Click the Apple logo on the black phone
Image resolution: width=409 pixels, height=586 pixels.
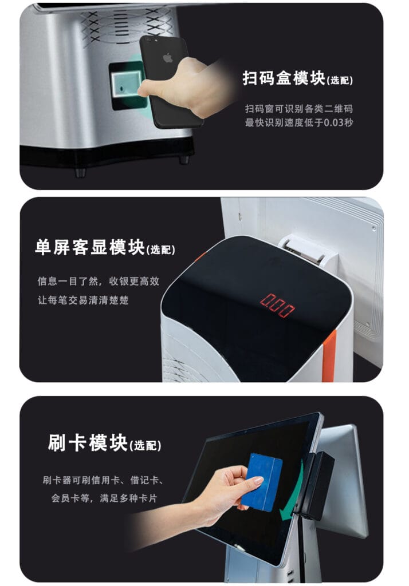[168, 58]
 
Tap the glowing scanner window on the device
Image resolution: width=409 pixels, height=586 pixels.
[126, 85]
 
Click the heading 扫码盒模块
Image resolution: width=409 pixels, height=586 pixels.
[284, 78]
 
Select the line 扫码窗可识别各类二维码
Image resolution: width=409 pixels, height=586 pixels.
[298, 109]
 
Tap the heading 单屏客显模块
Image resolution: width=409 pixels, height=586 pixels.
[90, 247]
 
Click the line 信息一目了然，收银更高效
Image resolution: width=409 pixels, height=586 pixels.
[98, 281]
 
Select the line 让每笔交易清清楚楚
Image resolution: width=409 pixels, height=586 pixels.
[82, 300]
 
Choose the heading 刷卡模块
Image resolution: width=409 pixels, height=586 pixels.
[88, 443]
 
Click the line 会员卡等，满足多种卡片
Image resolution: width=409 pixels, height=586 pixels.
[104, 498]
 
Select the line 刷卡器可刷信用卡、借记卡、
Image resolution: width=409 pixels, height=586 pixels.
[103, 480]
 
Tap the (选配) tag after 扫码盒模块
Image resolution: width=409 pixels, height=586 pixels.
[339, 80]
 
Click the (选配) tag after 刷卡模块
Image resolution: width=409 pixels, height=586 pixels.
[145, 445]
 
